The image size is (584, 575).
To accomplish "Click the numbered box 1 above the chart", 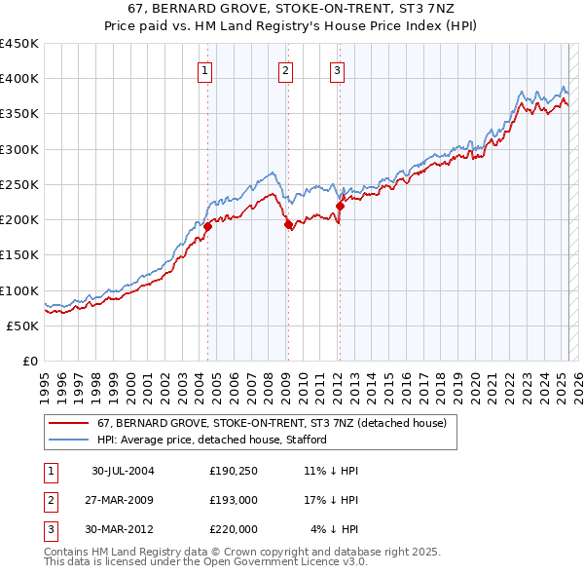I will point(206,70).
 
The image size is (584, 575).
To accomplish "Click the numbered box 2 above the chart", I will point(285,70).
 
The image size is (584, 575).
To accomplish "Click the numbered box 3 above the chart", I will point(337,70).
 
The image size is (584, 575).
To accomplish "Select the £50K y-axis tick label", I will point(23,326).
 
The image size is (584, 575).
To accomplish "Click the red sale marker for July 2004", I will point(207,227).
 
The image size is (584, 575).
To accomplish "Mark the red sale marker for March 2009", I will point(288,225).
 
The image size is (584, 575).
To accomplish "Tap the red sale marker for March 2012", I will point(340,205).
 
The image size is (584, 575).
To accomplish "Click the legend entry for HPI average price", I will point(211,440).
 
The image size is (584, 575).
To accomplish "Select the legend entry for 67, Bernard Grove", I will point(272,424).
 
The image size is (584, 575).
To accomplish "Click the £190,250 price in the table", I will point(234,471).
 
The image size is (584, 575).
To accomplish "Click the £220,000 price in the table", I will point(234,529).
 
